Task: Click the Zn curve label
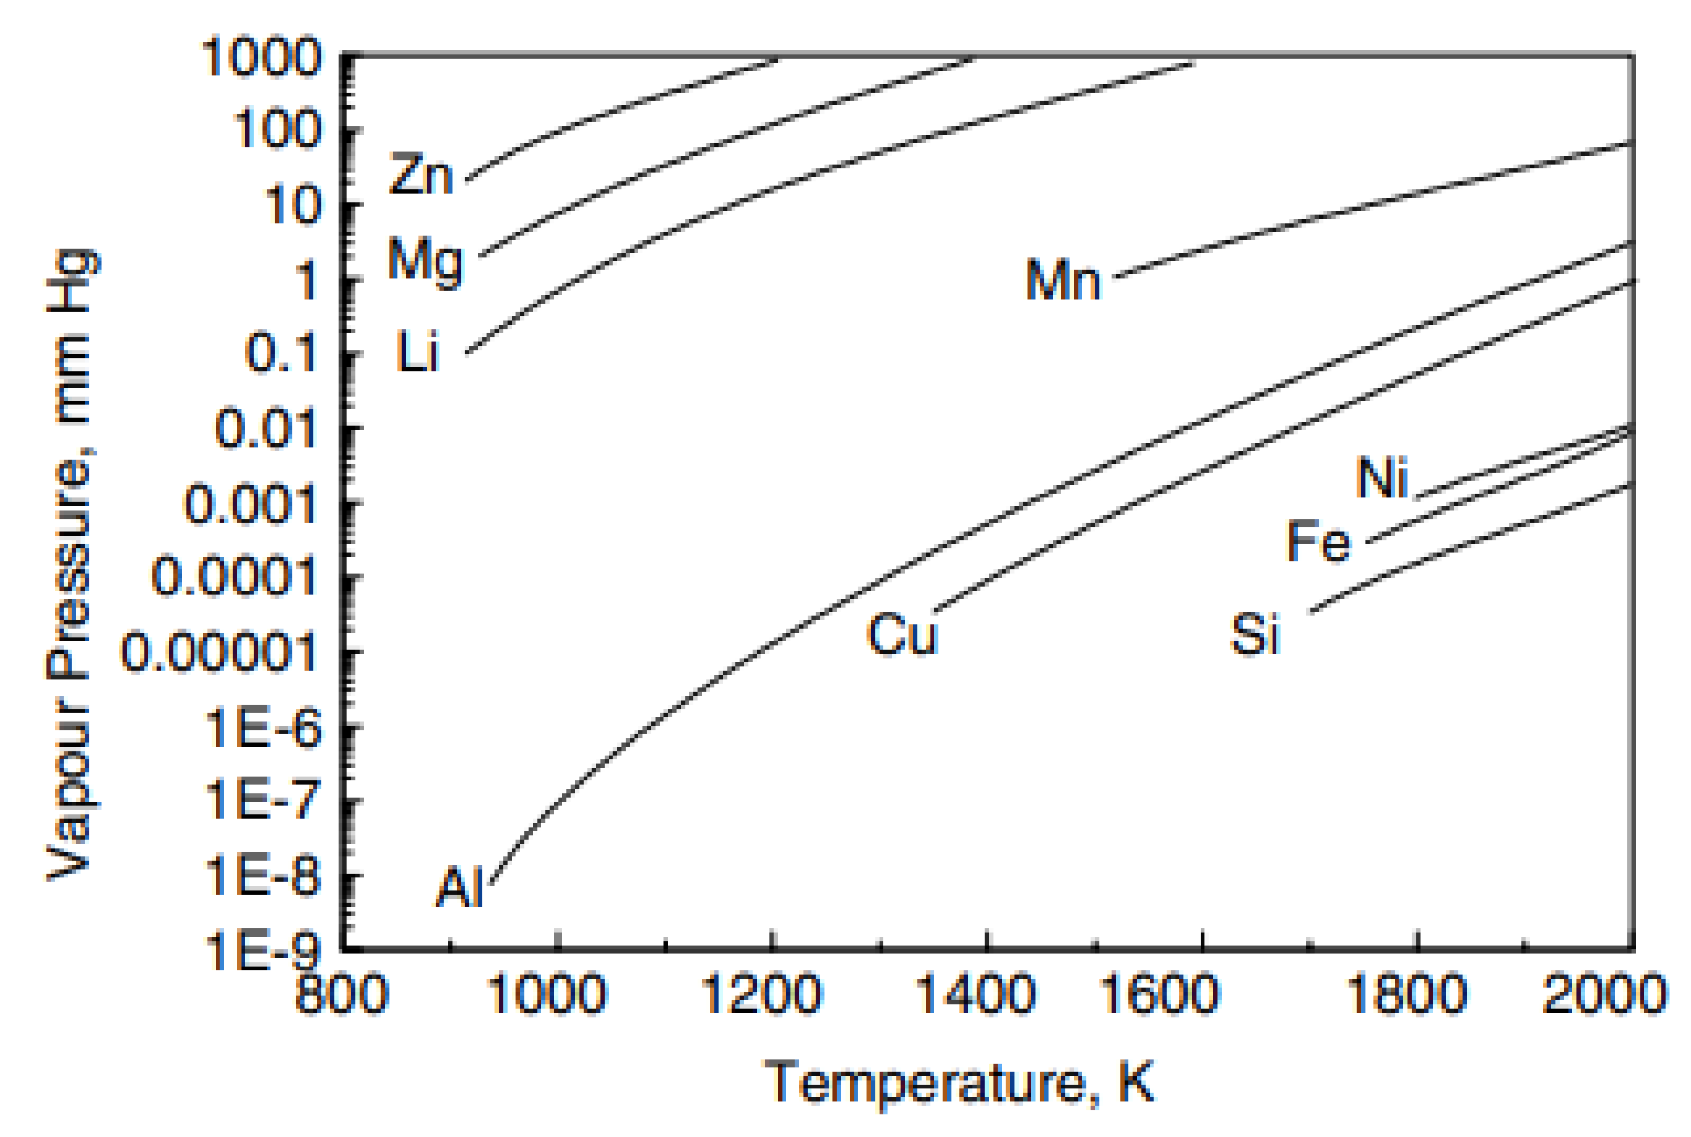click(421, 175)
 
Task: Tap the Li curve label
click(418, 352)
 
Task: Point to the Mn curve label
click(1063, 281)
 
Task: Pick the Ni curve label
click(1382, 478)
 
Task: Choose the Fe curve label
click(1319, 541)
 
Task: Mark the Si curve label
click(1256, 634)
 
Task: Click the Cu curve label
click(903, 634)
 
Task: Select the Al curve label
click(460, 888)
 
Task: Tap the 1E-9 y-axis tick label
click(263, 950)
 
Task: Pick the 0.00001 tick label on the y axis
click(219, 651)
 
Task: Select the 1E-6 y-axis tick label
click(263, 727)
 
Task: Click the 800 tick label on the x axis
click(342, 993)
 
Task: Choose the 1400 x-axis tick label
click(975, 993)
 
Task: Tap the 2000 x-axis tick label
click(1604, 993)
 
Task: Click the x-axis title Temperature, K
click(959, 1083)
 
